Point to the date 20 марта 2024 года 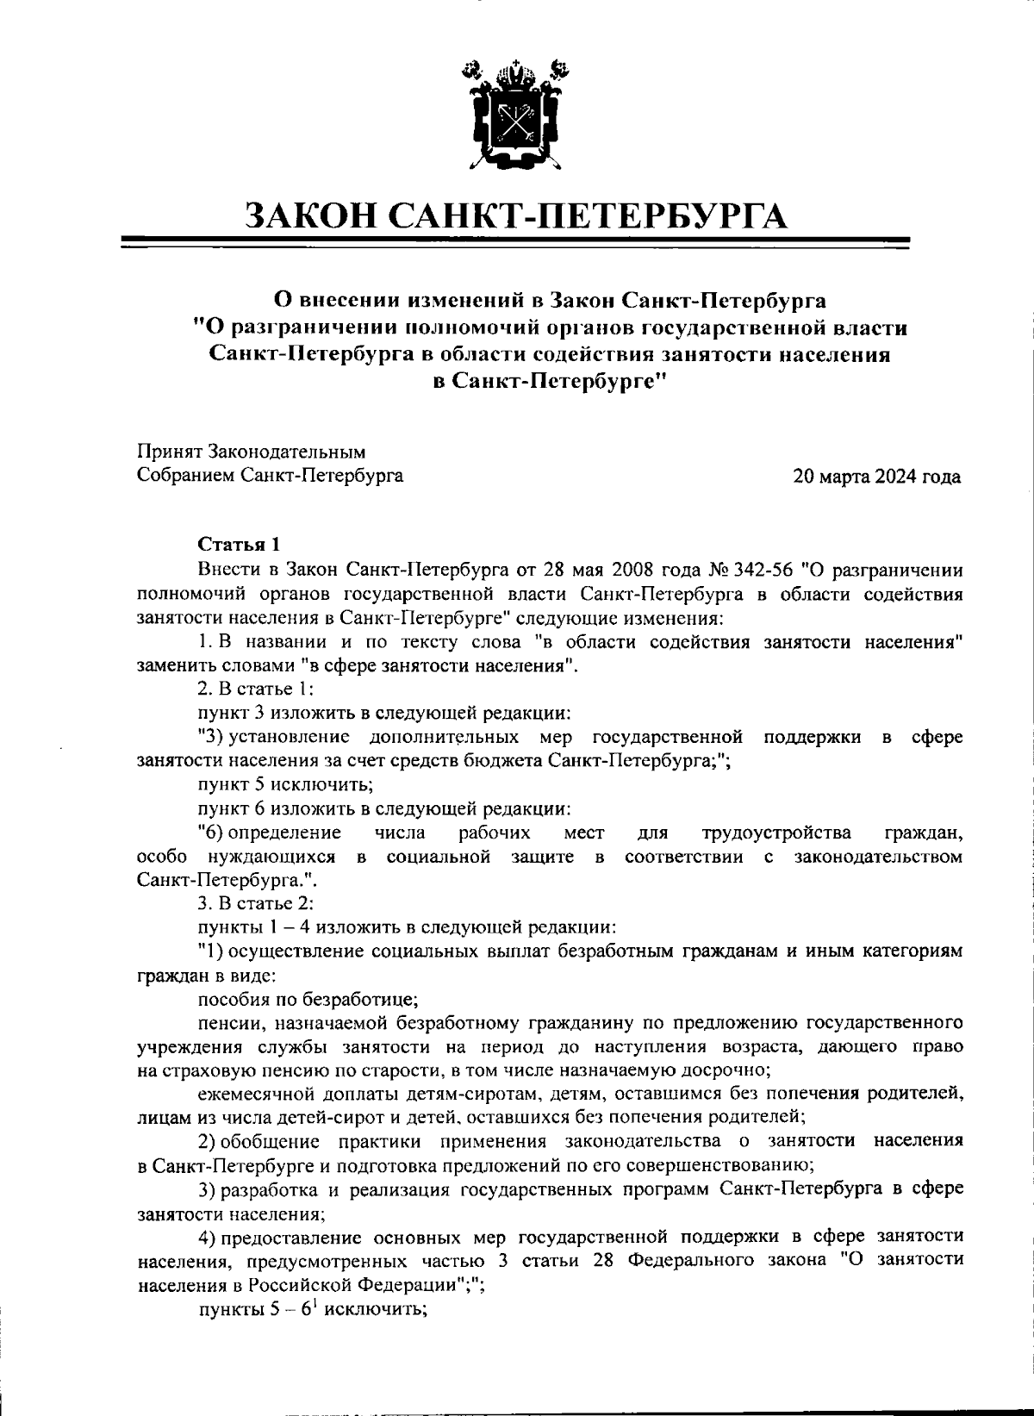pyautogui.click(x=877, y=476)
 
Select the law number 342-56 pyautogui.click(x=763, y=570)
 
